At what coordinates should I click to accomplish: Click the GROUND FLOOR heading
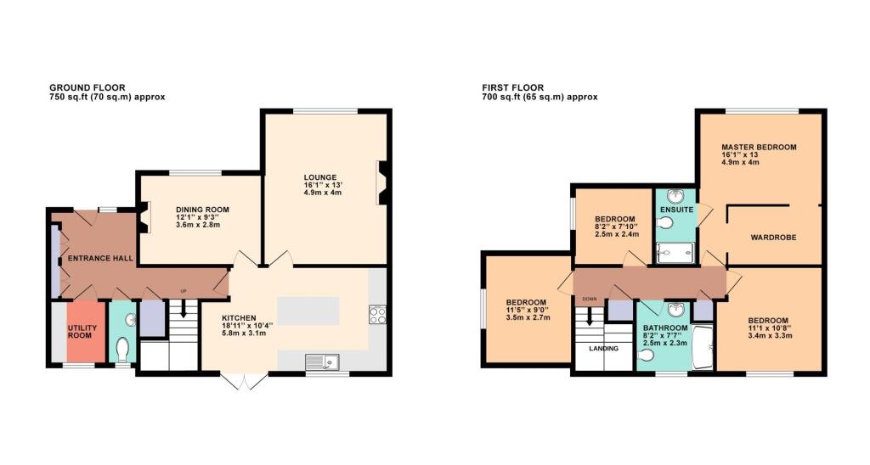(x=88, y=87)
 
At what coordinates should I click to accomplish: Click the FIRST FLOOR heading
(x=513, y=87)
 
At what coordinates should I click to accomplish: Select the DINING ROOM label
(x=202, y=210)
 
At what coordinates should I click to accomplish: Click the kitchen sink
(x=321, y=362)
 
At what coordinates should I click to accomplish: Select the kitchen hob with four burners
(x=378, y=316)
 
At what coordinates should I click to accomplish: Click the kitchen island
(x=308, y=311)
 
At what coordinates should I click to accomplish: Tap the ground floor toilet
(x=124, y=349)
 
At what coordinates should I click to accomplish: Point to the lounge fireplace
(x=383, y=183)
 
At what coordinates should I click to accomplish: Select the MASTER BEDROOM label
(x=759, y=147)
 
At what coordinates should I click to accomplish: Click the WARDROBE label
(x=773, y=238)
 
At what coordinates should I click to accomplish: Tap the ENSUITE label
(x=676, y=209)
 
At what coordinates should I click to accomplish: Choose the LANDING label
(x=602, y=347)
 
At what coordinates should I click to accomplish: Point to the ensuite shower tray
(x=675, y=252)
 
